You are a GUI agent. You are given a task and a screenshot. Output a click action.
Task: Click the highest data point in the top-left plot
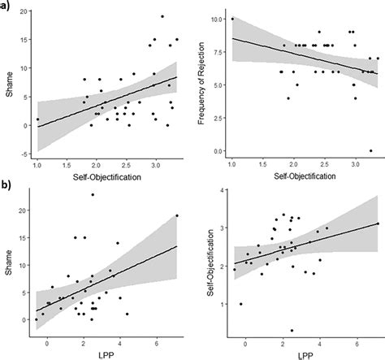point(162,16)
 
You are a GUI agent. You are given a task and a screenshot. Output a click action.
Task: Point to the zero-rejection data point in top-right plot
point(370,151)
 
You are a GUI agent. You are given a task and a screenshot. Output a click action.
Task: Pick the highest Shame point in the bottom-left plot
point(93,194)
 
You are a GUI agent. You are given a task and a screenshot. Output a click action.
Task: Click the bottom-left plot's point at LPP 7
point(176,215)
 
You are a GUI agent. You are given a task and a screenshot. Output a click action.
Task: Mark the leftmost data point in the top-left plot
point(37,119)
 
